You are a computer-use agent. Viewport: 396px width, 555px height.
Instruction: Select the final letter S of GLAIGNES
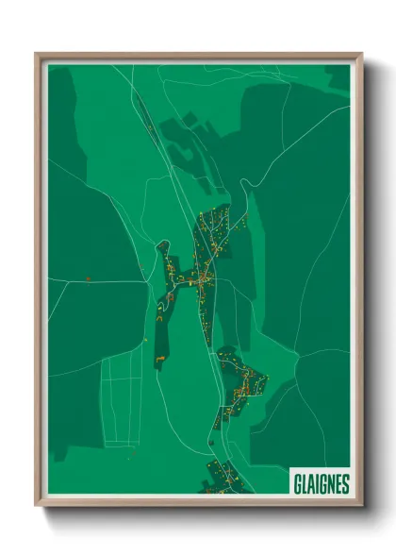point(346,482)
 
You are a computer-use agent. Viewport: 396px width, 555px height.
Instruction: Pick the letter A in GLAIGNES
point(310,482)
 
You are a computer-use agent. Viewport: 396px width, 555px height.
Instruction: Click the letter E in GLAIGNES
point(338,482)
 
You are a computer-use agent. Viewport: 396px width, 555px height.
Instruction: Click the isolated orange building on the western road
point(88,279)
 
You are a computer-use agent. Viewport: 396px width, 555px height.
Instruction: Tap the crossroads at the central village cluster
point(202,279)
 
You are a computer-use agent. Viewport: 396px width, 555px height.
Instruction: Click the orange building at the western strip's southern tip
point(160,360)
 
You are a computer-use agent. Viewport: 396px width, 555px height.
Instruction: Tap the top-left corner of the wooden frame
point(37,54)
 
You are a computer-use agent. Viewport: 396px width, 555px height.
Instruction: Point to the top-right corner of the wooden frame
point(362,54)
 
